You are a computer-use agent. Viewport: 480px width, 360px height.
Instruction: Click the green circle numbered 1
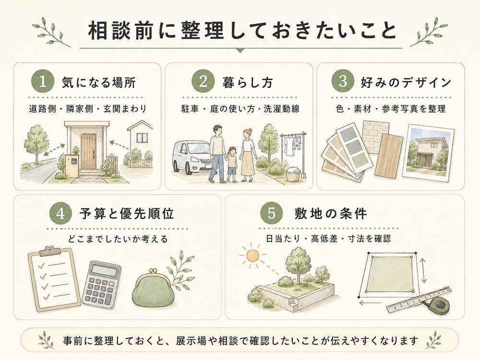pyautogui.click(x=43, y=82)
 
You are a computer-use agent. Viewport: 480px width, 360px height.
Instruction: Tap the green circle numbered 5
pyautogui.click(x=272, y=213)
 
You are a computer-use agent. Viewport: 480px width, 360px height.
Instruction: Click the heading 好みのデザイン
pyautogui.click(x=406, y=83)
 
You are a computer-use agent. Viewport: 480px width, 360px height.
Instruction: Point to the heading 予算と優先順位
pyautogui.click(x=126, y=214)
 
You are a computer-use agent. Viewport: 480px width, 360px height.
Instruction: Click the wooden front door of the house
pyautogui.click(x=89, y=151)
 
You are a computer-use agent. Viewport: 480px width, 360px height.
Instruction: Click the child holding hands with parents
pyautogui.click(x=232, y=164)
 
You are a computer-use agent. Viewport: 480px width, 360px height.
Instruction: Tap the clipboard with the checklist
pyautogui.click(x=54, y=278)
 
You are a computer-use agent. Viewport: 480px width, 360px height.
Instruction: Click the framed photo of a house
pyautogui.click(x=428, y=151)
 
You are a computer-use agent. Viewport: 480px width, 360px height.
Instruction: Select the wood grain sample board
pyautogui.click(x=388, y=156)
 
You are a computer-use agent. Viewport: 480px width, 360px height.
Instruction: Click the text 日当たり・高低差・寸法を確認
pyautogui.click(x=328, y=239)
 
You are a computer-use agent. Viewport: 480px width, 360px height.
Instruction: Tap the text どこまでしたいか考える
pyautogui.click(x=118, y=239)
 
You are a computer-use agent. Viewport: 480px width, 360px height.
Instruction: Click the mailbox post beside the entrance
pyautogui.click(x=72, y=165)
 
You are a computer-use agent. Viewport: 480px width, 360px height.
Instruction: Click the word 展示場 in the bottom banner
pyautogui.click(x=191, y=340)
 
